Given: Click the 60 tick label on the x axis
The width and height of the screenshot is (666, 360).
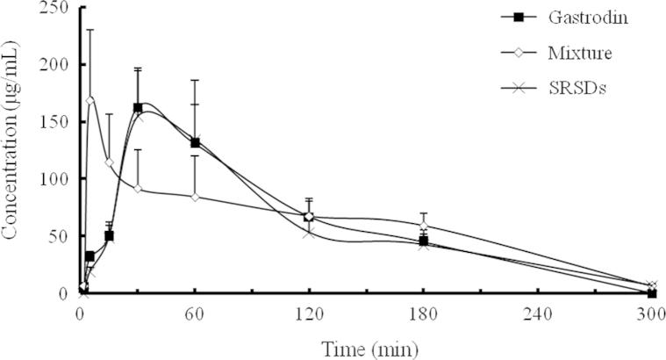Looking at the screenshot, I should (x=195, y=310).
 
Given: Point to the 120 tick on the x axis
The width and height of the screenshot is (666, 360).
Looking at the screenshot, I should (x=309, y=310).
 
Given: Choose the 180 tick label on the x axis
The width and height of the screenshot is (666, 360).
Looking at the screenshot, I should (x=423, y=310).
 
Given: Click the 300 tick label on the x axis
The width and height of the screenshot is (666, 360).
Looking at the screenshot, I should (x=650, y=310).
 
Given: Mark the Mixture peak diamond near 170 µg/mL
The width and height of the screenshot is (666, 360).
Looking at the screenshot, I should (x=90, y=100).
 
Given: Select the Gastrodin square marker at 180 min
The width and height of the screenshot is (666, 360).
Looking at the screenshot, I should (x=423, y=241).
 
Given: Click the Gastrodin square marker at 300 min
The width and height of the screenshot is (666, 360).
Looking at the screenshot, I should (x=651, y=292).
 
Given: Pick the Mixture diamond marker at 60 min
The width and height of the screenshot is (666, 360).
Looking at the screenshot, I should (x=195, y=197).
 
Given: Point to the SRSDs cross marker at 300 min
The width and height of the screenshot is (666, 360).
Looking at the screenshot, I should (x=651, y=285).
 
